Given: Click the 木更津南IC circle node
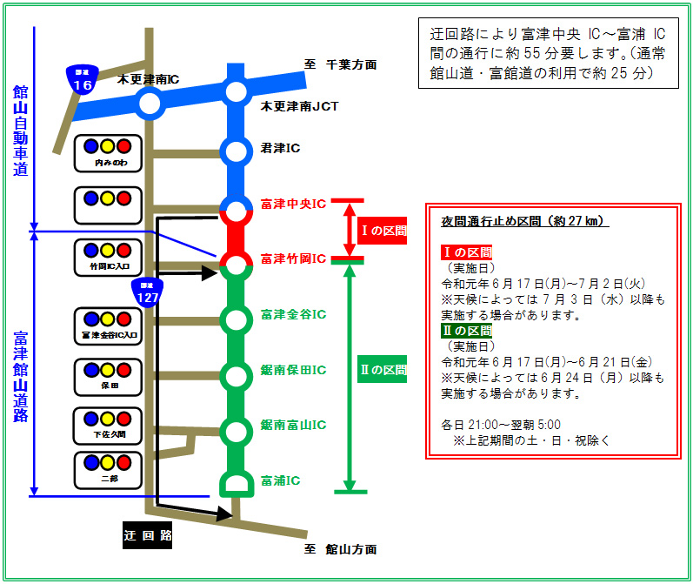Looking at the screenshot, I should point(150,104).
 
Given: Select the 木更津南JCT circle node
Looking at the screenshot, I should point(236,91).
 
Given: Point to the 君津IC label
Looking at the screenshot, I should point(280,148).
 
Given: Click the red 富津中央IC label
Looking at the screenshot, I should point(292,205).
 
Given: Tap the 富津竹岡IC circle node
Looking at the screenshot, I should point(236,262).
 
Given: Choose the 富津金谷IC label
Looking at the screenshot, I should point(292,314).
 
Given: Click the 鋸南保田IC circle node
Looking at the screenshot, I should point(236,375).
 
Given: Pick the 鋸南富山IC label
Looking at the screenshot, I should point(292,425).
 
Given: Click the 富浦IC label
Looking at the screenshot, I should point(280,480).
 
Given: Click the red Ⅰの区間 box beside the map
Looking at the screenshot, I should point(383,231).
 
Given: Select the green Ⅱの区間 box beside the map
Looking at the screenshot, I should point(383,370).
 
